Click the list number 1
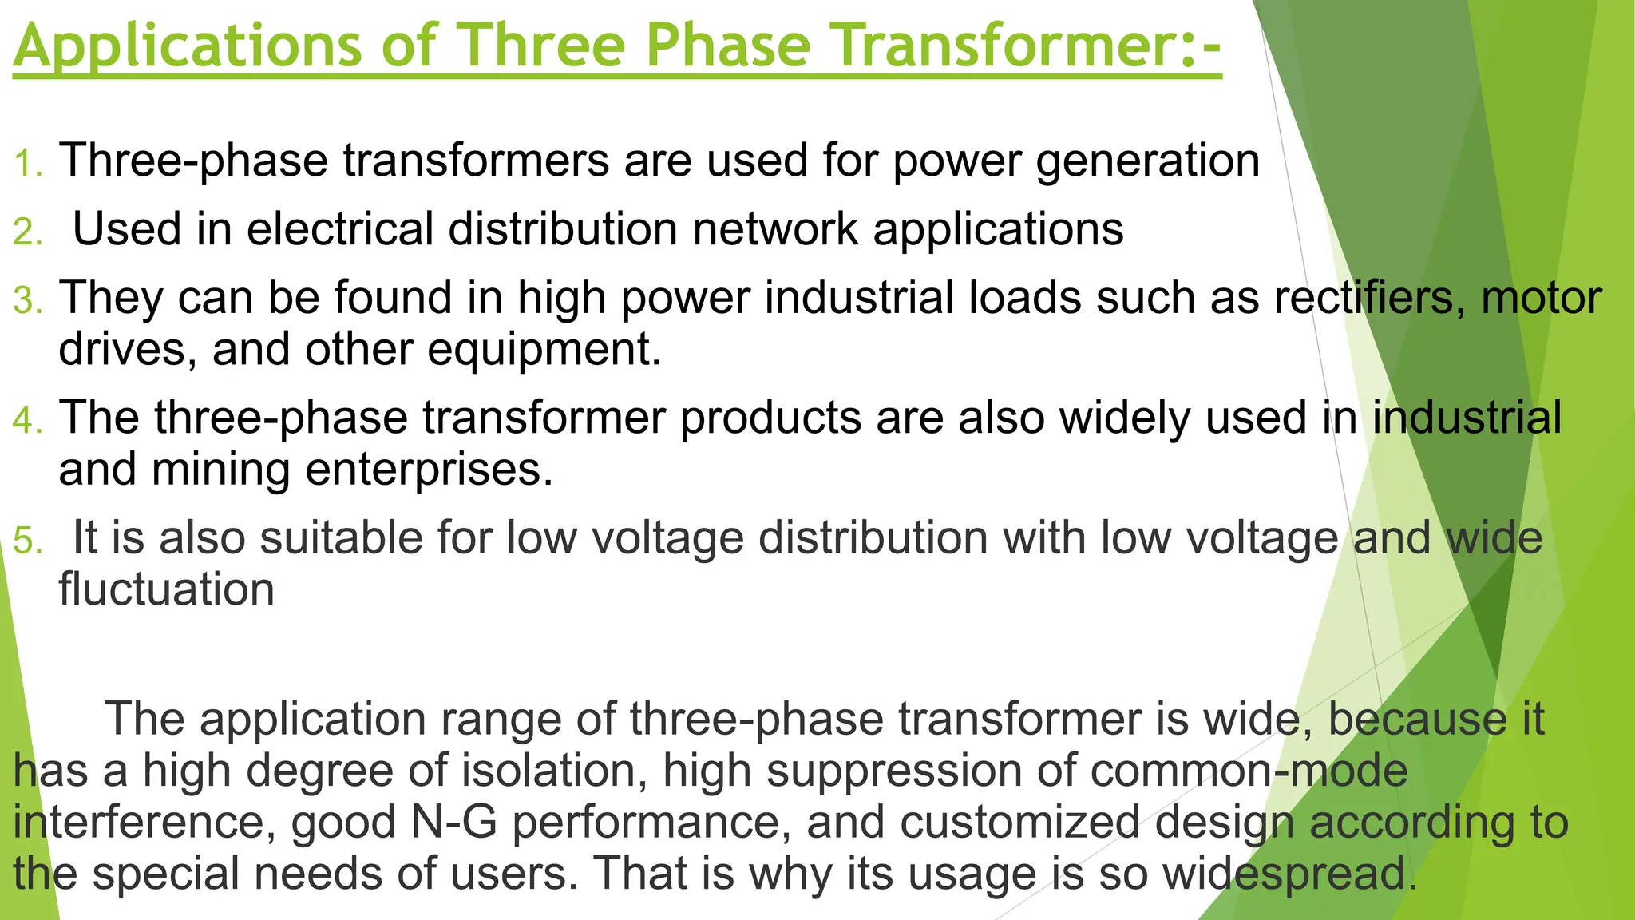[27, 164]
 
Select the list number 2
[27, 232]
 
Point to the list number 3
[27, 301]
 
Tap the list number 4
[27, 421]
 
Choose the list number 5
[27, 541]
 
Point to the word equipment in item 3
[544, 350]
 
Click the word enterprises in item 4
[429, 470]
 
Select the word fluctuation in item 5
[166, 589]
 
